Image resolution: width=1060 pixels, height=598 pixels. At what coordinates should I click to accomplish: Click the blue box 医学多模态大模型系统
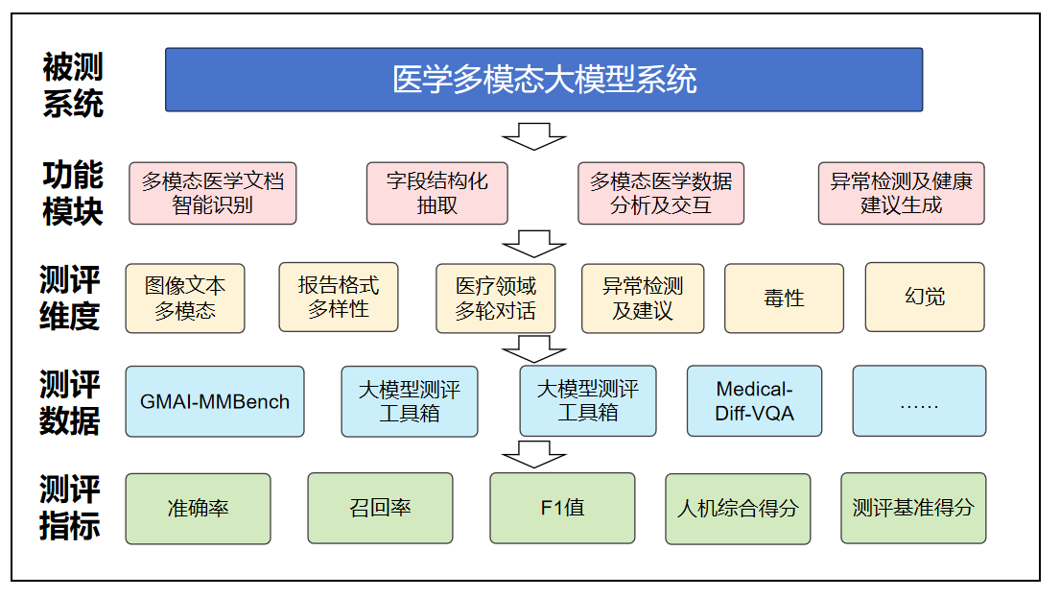point(544,80)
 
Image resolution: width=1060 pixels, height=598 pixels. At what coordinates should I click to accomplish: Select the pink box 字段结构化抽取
point(436,194)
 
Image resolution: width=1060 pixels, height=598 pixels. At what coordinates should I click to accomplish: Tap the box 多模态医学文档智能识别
point(212,194)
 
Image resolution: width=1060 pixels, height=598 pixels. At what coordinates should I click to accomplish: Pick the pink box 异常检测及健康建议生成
point(901,194)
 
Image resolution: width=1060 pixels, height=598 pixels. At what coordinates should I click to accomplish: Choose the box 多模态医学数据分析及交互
point(661,194)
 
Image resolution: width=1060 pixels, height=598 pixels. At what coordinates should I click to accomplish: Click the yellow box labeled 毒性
point(784,299)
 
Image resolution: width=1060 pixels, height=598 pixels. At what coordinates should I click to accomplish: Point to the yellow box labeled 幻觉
point(925,297)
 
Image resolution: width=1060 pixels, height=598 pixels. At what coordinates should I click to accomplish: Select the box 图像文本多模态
point(184,299)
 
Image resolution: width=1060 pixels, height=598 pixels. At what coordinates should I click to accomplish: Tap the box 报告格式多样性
point(338,297)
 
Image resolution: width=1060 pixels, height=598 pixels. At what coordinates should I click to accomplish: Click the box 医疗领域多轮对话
point(496,299)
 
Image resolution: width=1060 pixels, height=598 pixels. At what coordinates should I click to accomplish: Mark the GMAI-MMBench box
point(214,402)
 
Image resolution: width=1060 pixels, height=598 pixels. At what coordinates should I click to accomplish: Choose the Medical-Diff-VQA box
point(754,401)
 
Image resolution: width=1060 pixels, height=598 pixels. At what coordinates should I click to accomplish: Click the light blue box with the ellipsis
point(919,401)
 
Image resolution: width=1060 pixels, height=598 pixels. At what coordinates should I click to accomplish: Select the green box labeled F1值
point(562,508)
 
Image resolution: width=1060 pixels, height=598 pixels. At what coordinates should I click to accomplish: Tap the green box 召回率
point(380,508)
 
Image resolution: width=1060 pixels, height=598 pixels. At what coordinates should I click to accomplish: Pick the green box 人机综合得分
point(738,509)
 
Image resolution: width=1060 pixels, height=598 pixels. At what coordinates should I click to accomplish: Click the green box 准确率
point(198,509)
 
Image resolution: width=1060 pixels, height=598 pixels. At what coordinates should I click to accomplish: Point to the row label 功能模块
point(72,194)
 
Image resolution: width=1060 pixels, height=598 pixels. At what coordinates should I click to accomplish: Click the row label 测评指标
point(70,508)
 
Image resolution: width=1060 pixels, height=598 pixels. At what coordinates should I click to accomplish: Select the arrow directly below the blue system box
point(534,136)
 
